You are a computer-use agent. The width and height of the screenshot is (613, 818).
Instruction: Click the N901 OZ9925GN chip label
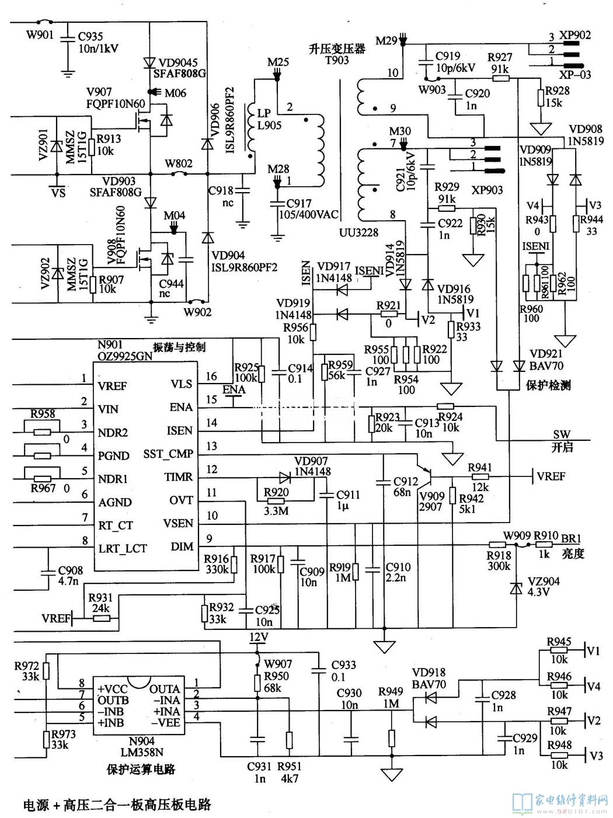pos(122,350)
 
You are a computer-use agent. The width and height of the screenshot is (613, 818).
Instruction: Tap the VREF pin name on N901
pos(113,386)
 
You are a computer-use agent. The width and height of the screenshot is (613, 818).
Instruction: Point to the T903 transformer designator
pos(337,60)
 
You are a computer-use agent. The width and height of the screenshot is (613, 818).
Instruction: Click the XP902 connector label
pos(574,35)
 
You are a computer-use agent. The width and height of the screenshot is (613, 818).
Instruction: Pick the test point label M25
pos(278,62)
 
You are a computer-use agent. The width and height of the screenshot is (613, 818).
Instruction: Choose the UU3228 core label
pos(358,232)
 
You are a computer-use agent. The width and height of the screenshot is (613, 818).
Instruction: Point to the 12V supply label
pos(257,637)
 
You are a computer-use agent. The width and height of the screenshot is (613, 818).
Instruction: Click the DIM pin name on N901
pos(181,547)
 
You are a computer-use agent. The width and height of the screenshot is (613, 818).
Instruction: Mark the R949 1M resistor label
pos(391,698)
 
